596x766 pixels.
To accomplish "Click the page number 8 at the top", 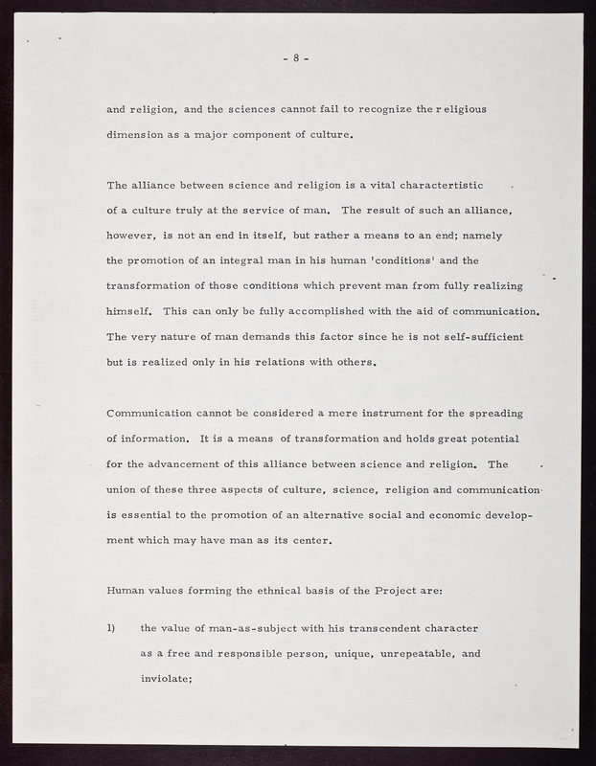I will (x=296, y=57).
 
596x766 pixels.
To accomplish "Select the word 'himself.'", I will (x=131, y=311).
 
